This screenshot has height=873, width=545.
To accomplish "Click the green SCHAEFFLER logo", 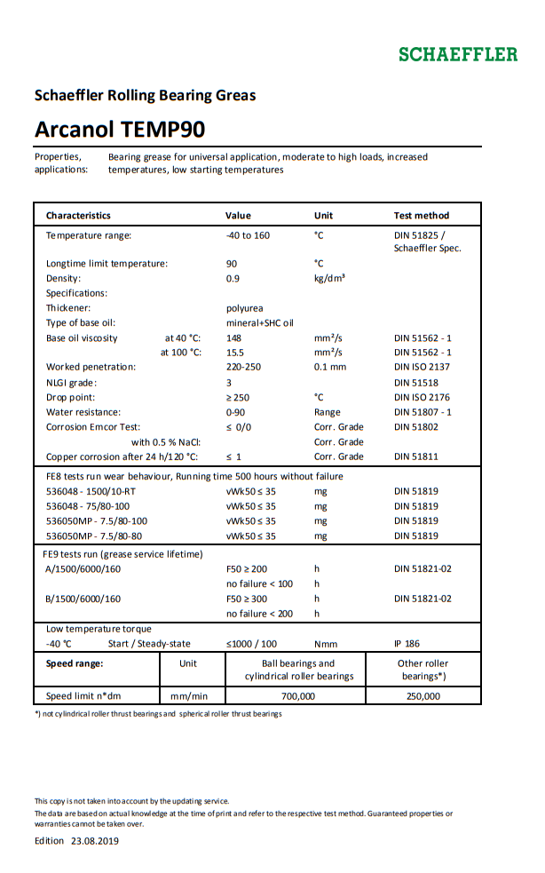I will (x=457, y=54).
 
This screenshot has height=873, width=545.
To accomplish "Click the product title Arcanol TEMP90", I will (x=120, y=130).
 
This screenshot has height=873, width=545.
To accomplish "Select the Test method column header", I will (x=421, y=215).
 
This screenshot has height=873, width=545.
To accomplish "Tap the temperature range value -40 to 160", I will (x=248, y=235).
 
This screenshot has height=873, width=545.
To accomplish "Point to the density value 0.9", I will (x=233, y=278).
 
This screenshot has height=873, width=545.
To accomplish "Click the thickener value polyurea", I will (x=244, y=308).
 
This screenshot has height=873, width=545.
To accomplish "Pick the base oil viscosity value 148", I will (x=234, y=338).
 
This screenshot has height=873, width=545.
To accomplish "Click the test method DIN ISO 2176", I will (x=422, y=397).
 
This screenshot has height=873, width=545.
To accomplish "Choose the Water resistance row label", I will (x=84, y=412).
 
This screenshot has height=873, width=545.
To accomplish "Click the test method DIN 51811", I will (x=415, y=456).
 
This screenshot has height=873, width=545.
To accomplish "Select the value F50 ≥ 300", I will (x=247, y=599).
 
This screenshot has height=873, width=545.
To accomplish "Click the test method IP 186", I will (x=407, y=644).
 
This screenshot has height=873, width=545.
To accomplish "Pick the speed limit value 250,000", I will (x=423, y=696).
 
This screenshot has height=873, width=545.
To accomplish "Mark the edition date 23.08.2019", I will (x=95, y=841).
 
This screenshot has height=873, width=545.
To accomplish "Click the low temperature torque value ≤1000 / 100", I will (x=251, y=644).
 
